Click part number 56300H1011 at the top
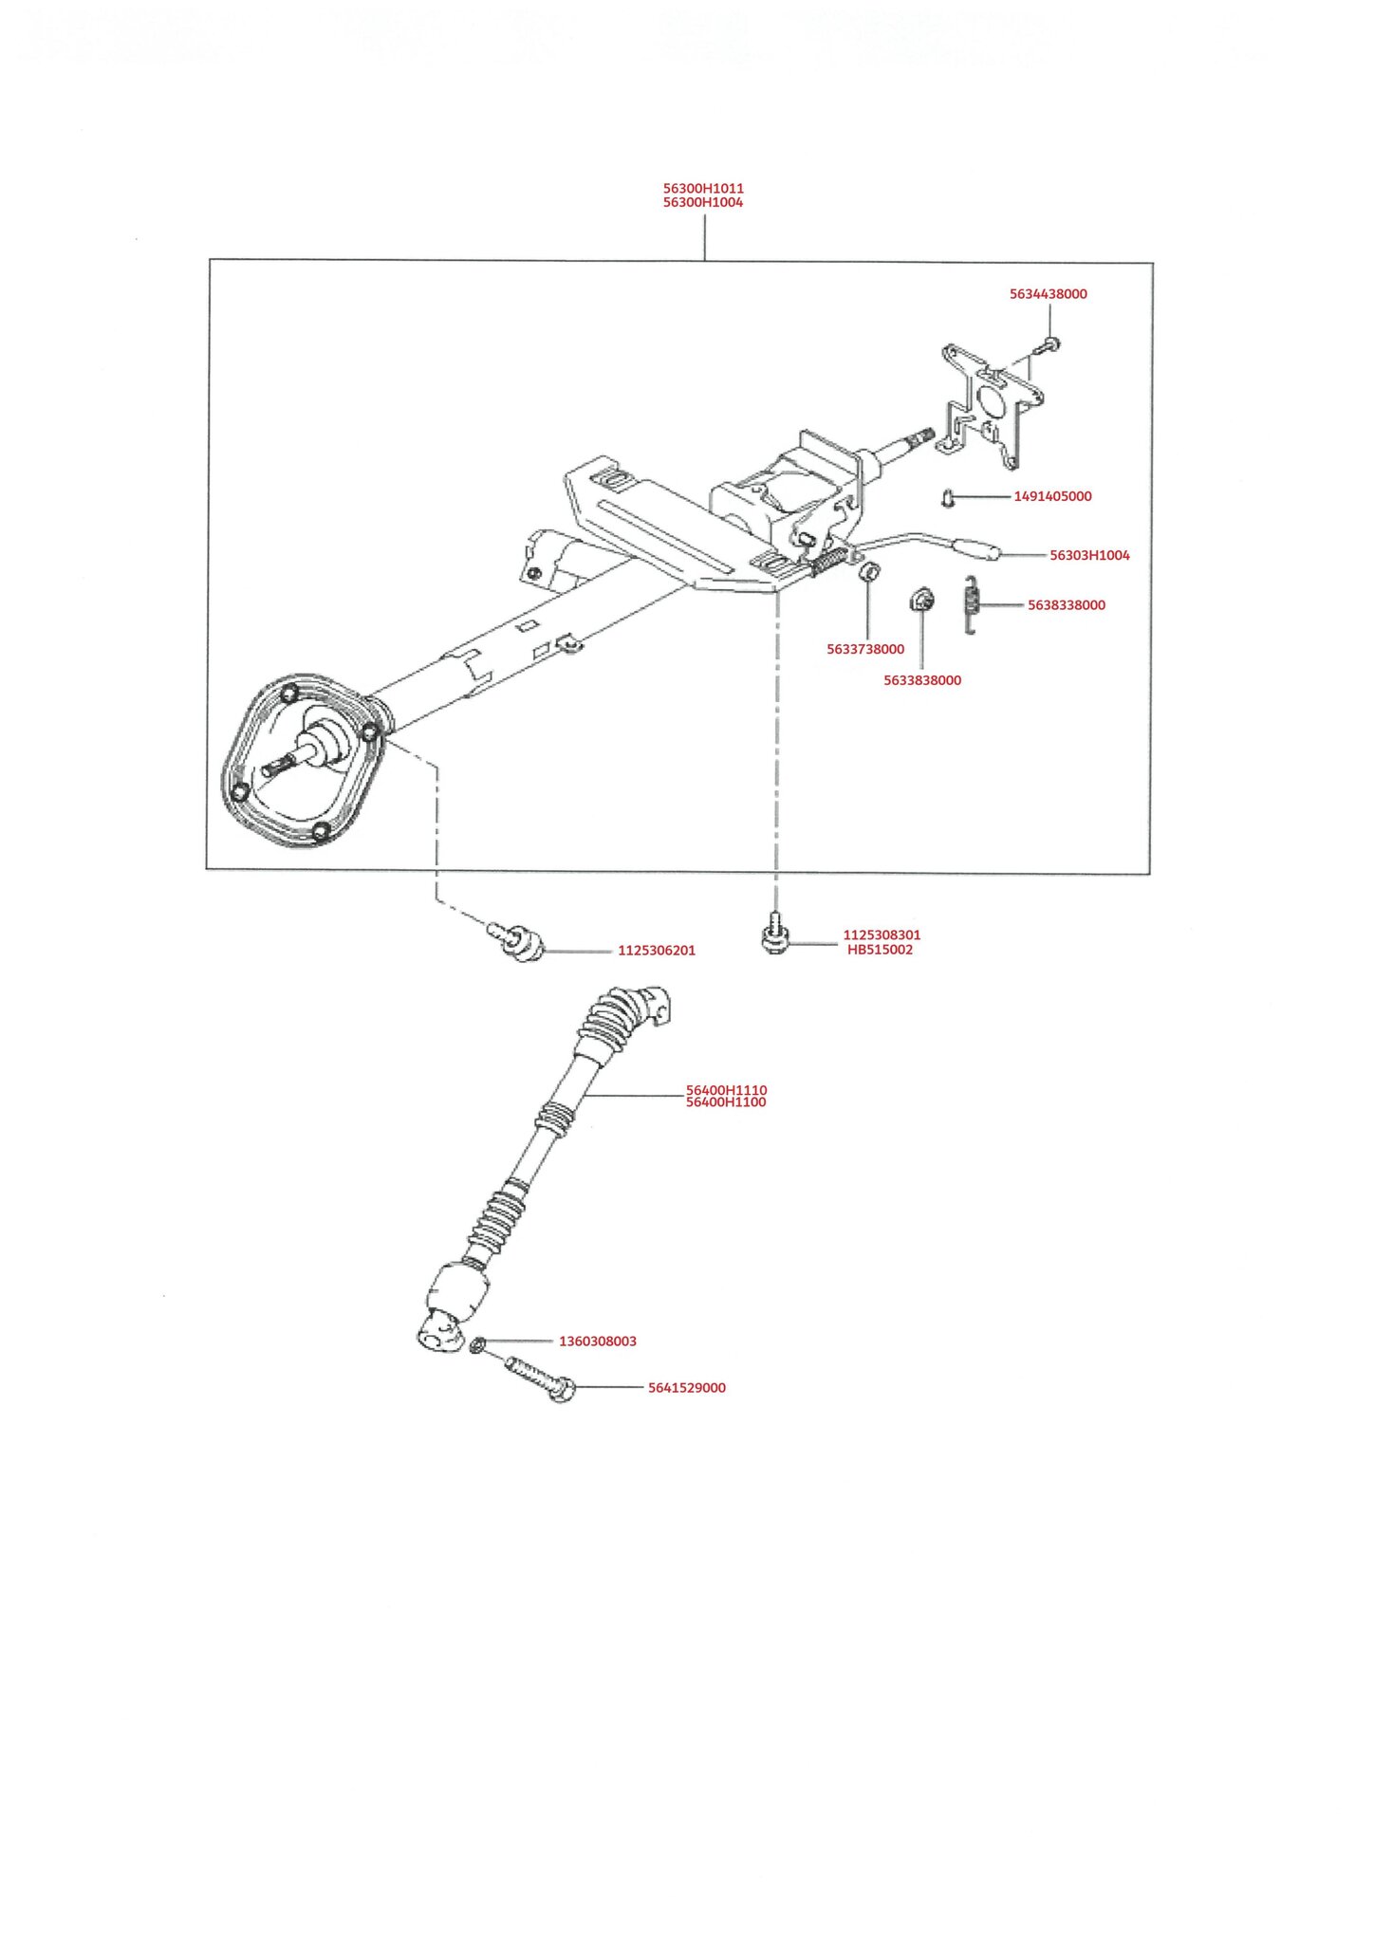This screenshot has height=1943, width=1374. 703,189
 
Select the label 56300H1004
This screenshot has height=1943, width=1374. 703,203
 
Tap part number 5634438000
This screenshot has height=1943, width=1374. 1048,294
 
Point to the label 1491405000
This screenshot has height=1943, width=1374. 1052,496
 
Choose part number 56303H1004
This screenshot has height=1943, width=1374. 1089,556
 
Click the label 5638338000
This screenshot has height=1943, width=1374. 1067,605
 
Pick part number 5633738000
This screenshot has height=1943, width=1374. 865,650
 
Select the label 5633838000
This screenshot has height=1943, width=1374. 922,680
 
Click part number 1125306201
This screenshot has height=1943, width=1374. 657,951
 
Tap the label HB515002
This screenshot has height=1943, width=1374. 880,950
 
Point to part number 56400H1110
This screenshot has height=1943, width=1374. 726,1090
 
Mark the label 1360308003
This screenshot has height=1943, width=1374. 598,1342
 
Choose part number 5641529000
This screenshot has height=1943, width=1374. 687,1388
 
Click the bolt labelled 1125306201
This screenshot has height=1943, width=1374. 517,941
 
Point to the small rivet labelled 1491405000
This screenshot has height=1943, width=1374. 947,496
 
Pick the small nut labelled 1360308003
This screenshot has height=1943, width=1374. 478,1344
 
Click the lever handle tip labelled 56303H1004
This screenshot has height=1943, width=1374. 975,549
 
